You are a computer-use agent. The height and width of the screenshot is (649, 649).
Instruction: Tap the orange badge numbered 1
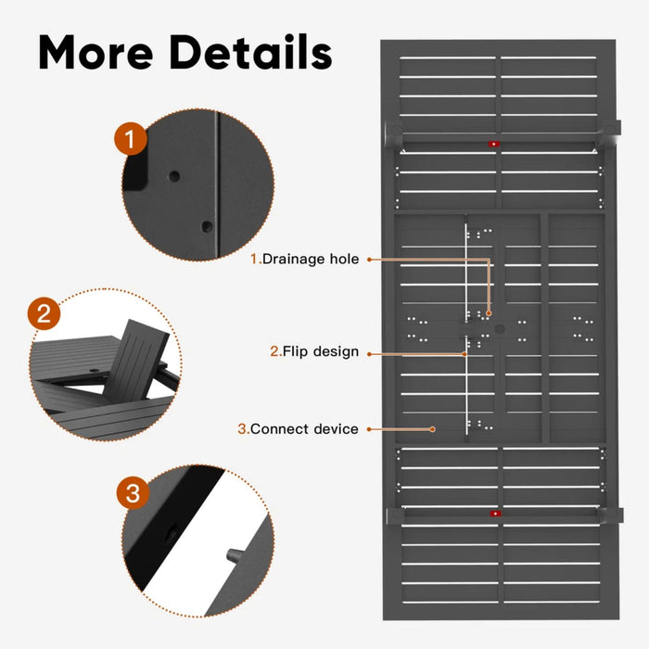point(131,140)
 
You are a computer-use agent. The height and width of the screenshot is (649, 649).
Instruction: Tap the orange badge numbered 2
point(43,314)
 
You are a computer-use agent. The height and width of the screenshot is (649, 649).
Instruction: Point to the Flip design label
point(314,351)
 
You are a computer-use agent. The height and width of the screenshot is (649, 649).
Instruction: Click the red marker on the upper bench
point(493,144)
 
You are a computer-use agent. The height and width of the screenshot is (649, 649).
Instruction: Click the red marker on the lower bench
point(495,513)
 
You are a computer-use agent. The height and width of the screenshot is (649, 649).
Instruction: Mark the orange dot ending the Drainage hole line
point(489,314)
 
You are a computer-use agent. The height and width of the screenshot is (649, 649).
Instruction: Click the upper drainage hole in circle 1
point(173,174)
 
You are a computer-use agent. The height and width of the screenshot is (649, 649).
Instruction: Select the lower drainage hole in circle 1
point(207,226)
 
